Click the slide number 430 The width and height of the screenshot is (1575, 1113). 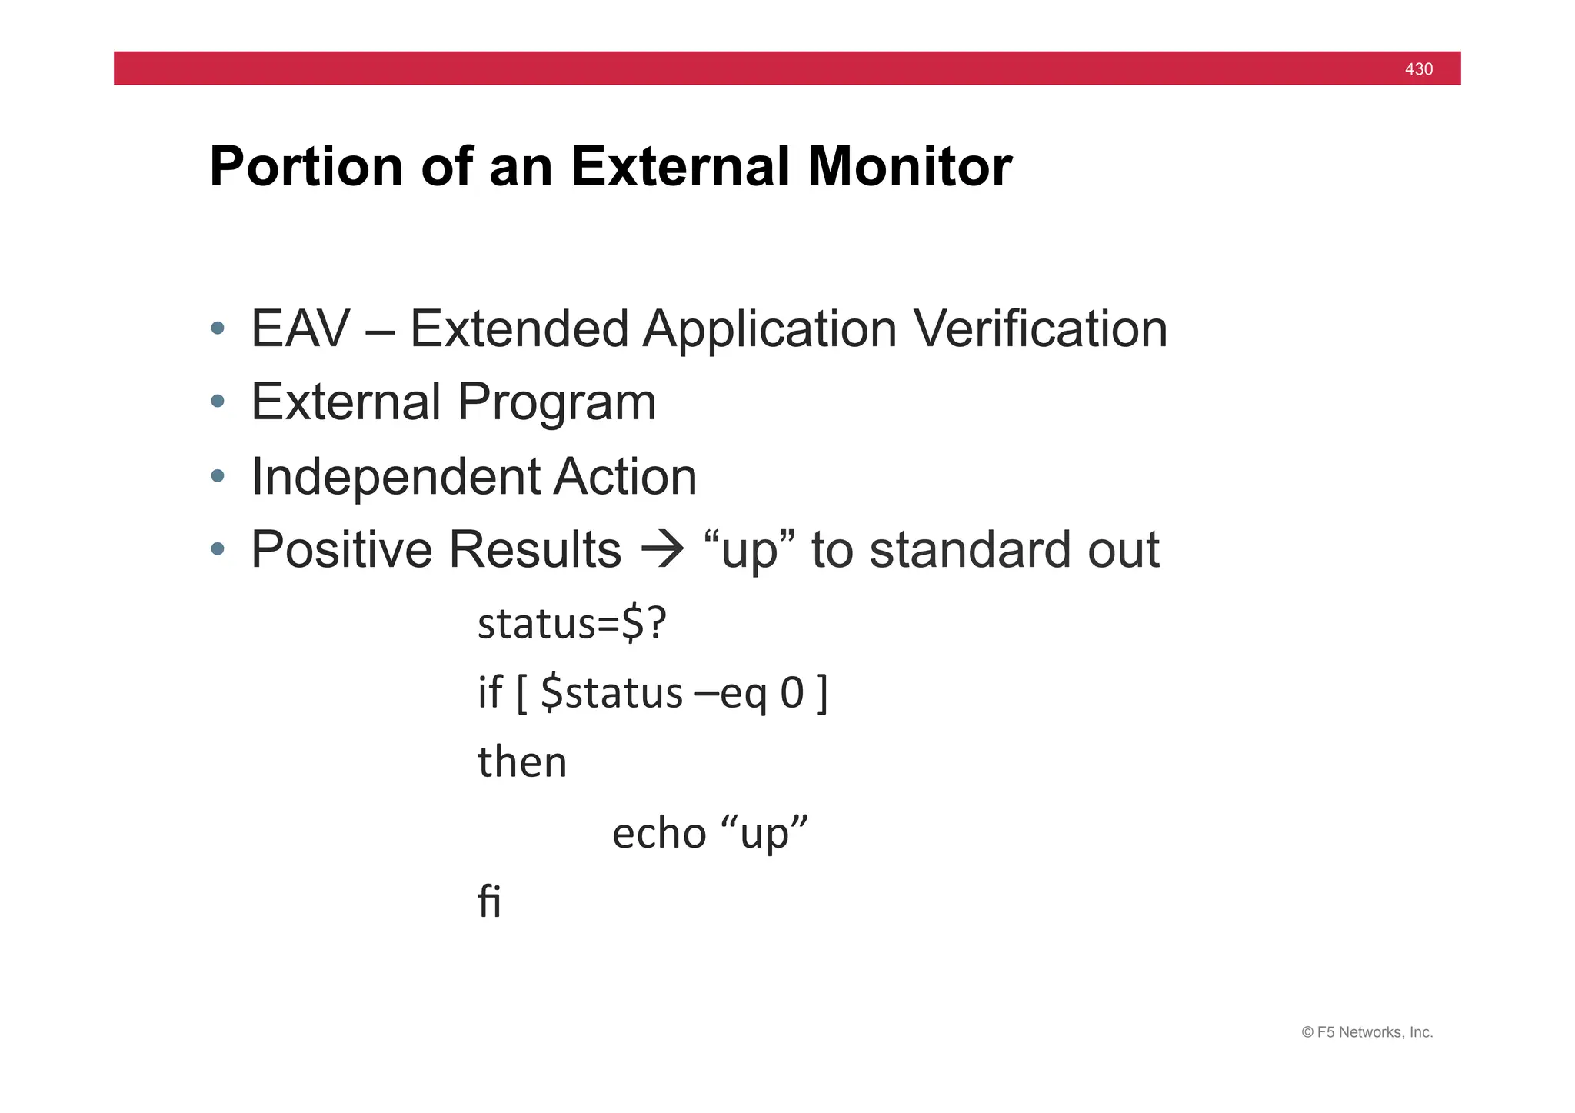1418,69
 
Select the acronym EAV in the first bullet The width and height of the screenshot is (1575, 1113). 300,329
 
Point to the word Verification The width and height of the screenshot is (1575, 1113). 1040,329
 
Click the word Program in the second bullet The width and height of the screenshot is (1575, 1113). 557,402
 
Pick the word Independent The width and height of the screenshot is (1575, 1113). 395,477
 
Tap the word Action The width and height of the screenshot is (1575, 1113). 624,477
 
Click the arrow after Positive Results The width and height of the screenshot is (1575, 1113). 662,551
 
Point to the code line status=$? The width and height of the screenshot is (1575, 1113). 571,624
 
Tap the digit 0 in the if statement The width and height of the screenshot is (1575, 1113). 792,693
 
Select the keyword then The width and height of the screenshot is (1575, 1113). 522,762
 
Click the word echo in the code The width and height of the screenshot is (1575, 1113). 659,833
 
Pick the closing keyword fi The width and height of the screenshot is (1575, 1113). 489,901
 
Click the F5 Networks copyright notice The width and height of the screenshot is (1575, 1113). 1367,1032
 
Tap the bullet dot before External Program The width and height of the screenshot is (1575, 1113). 218,402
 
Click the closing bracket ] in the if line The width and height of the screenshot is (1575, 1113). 822,693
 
